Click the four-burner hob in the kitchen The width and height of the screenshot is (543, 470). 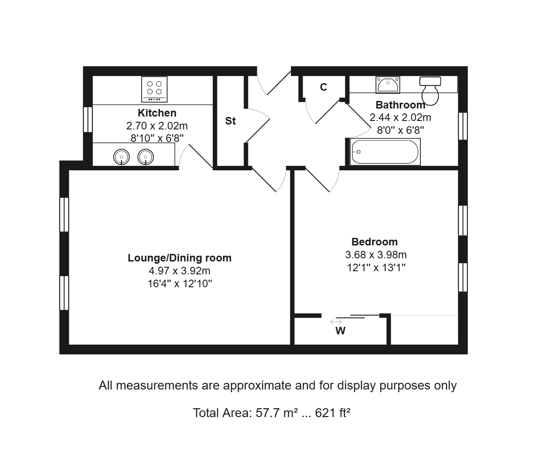point(154,89)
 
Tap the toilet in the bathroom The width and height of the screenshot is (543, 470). point(430,91)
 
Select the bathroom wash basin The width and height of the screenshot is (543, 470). point(388,84)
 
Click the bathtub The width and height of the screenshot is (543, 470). point(385,152)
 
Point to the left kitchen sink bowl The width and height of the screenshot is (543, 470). point(121,157)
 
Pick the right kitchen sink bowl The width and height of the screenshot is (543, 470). point(146,157)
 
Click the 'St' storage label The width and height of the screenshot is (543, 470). point(230,121)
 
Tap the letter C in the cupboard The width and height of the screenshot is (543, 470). point(323,87)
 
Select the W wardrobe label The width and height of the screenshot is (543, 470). point(340,331)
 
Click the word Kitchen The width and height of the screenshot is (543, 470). point(157,113)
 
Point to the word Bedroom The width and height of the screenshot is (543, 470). point(375,242)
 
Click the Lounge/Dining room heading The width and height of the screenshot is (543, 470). point(180,258)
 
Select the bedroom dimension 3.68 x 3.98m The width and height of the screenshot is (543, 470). point(376,255)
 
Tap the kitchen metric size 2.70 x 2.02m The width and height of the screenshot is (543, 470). point(157,126)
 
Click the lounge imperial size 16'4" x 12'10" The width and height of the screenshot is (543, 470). point(180,284)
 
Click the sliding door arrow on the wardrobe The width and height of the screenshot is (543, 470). point(336,322)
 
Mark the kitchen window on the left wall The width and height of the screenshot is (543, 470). point(88,119)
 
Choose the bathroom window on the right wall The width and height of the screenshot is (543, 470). point(463,126)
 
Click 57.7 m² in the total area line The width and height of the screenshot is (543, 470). point(277,413)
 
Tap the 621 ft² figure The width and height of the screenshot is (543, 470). point(332,413)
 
